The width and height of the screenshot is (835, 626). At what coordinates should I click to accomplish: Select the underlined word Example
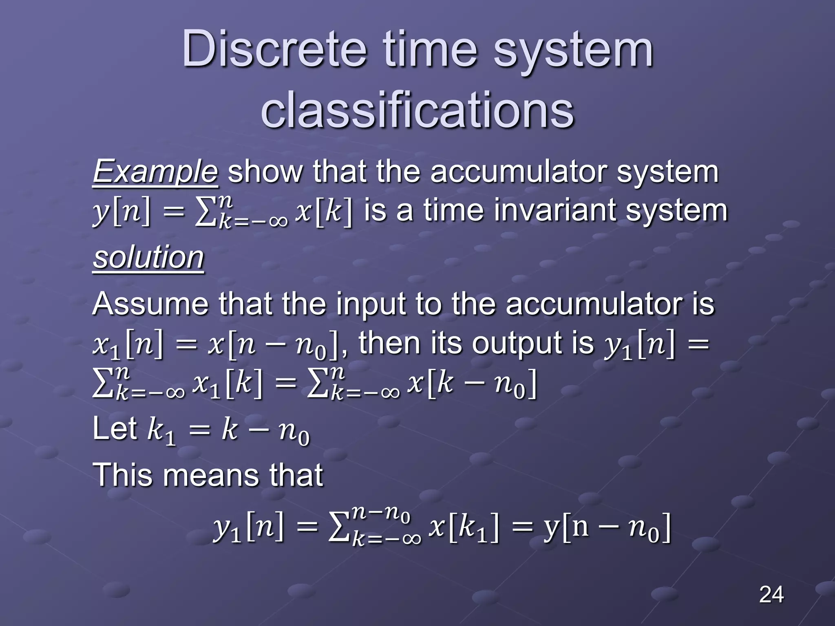pyautogui.click(x=155, y=172)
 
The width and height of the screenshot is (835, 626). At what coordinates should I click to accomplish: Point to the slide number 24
pyautogui.click(x=771, y=595)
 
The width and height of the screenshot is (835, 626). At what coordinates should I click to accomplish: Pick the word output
pyautogui.click(x=532, y=343)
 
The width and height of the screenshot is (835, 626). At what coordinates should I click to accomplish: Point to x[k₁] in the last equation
pyautogui.click(x=464, y=529)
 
